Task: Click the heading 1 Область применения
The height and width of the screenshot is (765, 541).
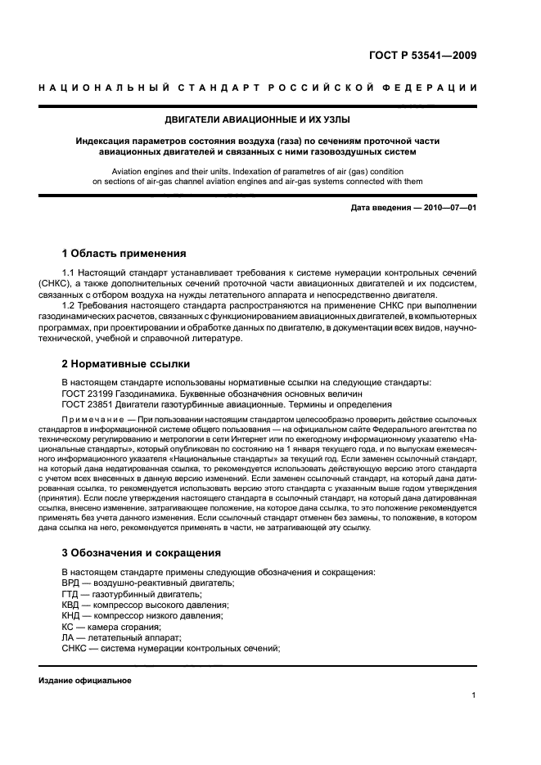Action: (x=124, y=254)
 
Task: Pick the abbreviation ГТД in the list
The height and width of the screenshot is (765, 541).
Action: (x=72, y=593)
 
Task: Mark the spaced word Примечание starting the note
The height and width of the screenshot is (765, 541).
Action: (x=97, y=418)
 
